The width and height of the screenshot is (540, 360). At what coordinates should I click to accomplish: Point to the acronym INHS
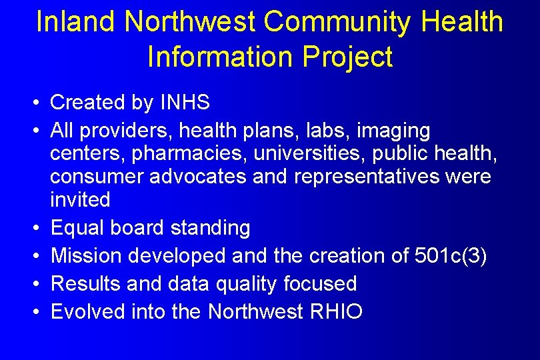[x=185, y=103]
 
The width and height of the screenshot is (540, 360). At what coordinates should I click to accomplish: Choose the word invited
[x=80, y=199]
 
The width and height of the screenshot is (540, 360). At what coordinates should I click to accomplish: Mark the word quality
[x=244, y=284]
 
